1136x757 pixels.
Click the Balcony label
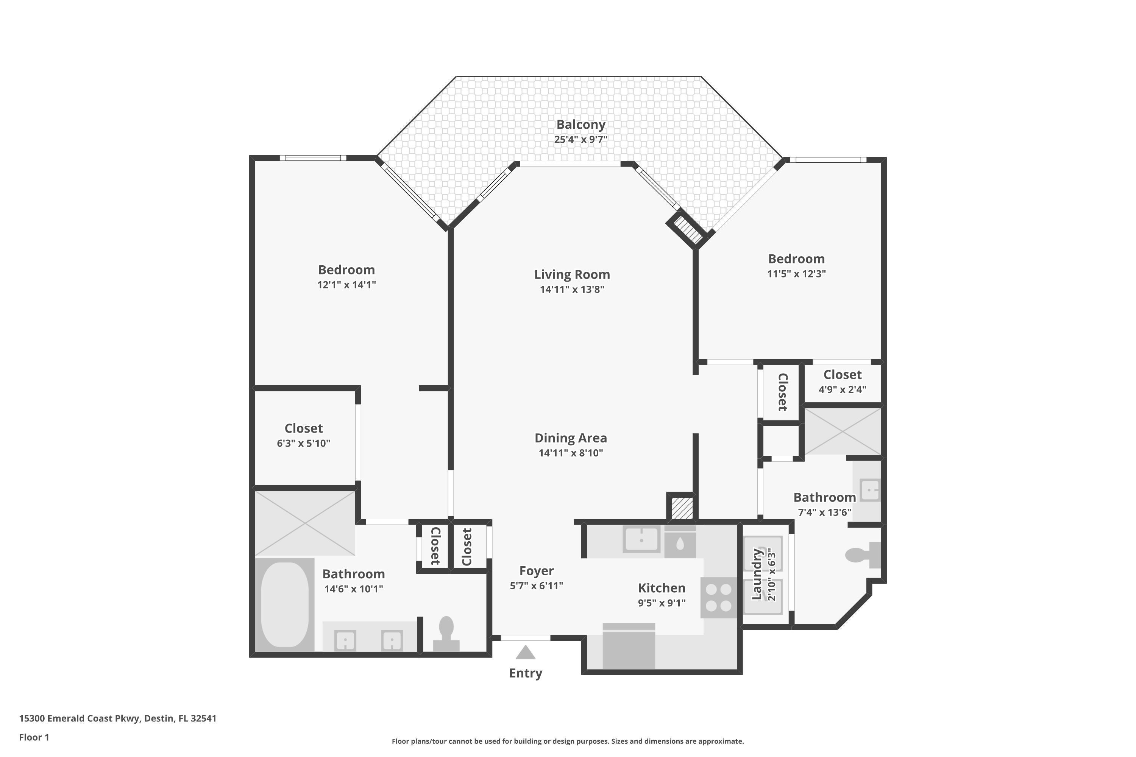coord(580,125)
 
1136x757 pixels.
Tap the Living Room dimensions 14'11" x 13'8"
coord(572,290)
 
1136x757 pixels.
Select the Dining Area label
coord(570,438)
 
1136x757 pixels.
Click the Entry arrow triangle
coord(526,653)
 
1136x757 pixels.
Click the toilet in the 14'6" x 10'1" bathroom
coord(446,633)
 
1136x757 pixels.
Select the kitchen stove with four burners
coord(718,597)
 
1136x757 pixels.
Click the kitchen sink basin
coord(641,539)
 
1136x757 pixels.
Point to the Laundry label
coord(756,574)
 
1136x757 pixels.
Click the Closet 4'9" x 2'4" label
coord(842,375)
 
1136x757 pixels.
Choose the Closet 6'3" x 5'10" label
coord(303,428)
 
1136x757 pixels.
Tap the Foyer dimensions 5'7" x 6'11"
coord(536,586)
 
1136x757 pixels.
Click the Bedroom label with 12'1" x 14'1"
coord(346,270)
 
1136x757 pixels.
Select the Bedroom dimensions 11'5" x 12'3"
coord(796,274)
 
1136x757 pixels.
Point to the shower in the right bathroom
coord(842,431)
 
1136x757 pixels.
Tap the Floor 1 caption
coord(34,737)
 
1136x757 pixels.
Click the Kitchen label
coord(661,588)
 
